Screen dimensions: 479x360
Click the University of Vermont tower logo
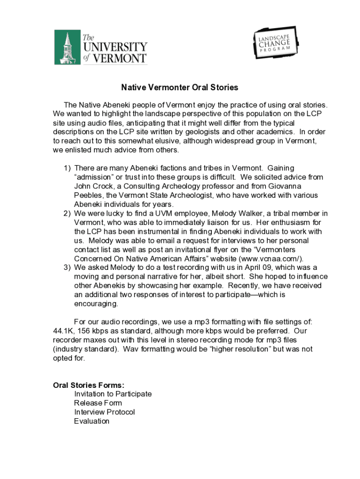67,47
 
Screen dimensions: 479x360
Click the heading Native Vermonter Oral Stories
180,87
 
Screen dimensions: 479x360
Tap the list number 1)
67,168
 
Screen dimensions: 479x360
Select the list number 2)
67,214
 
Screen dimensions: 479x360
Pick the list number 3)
67,268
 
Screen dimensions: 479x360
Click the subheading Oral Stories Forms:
89,385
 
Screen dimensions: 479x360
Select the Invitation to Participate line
113,394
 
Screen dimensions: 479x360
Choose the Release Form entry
98,403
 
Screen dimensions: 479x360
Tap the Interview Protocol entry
104,412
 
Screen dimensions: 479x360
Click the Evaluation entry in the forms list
92,421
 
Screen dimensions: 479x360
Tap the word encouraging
96,304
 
